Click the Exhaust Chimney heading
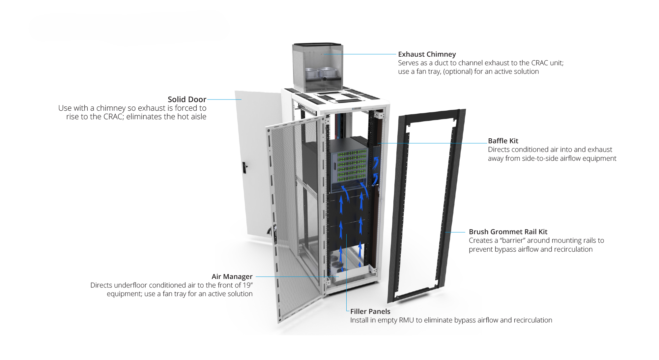click(x=427, y=54)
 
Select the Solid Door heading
click(x=187, y=99)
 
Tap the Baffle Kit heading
click(x=503, y=141)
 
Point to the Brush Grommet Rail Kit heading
click(x=508, y=232)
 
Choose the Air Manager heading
click(x=232, y=277)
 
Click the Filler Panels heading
click(x=370, y=312)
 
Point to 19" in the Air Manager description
click(x=248, y=285)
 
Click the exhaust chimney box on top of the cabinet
click(x=317, y=68)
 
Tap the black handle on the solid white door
click(x=244, y=168)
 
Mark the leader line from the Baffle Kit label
click(x=432, y=143)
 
